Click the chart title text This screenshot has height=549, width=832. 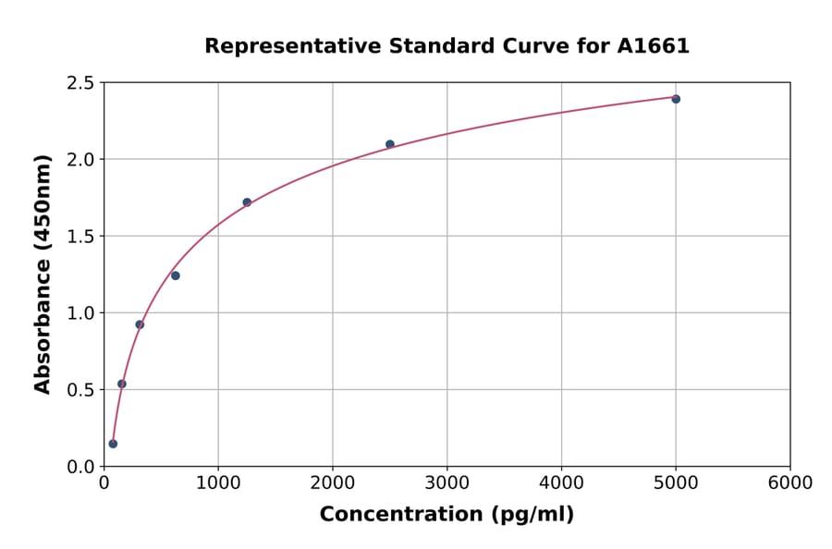pyautogui.click(x=447, y=46)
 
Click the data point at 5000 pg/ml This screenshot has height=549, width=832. pyautogui.click(x=676, y=99)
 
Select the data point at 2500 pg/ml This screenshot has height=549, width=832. pyautogui.click(x=390, y=144)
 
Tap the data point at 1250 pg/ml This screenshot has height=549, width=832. pyautogui.click(x=247, y=202)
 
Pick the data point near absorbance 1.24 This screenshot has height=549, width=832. pyautogui.click(x=176, y=275)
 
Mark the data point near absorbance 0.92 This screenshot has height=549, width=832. pyautogui.click(x=140, y=324)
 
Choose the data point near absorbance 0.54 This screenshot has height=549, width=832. pyautogui.click(x=122, y=384)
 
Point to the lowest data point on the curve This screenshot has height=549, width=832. pyautogui.click(x=113, y=444)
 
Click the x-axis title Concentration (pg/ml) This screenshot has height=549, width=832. pyautogui.click(x=447, y=515)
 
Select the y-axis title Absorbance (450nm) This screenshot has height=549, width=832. pyautogui.click(x=43, y=274)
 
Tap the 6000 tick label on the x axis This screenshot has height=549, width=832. pyautogui.click(x=790, y=483)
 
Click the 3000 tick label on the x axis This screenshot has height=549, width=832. pyautogui.click(x=447, y=483)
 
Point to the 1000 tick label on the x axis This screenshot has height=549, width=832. pyautogui.click(x=218, y=483)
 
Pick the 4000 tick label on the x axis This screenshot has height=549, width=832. pyautogui.click(x=561, y=483)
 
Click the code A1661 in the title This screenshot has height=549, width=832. pyautogui.click(x=653, y=46)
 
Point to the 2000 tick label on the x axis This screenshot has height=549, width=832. pyautogui.click(x=333, y=483)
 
